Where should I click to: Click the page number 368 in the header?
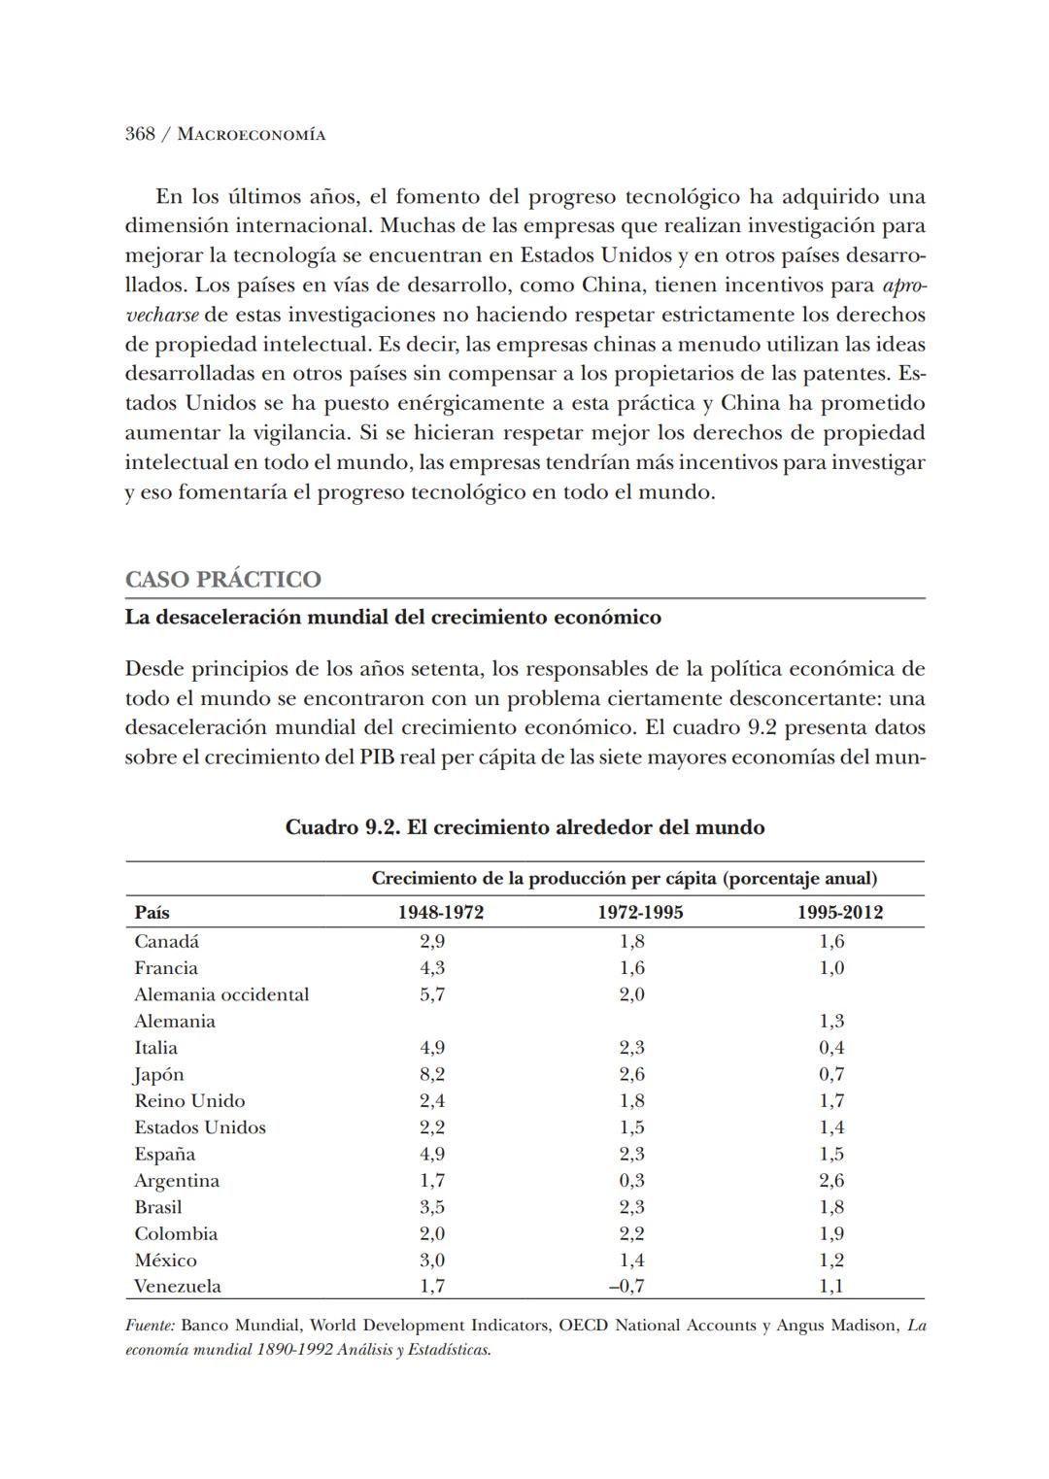point(140,135)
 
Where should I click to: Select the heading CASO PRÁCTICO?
point(222,580)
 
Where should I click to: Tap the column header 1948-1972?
point(440,913)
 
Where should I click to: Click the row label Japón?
point(158,1075)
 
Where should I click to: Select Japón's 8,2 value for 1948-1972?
point(432,1075)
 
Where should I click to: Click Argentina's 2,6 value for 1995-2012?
point(831,1181)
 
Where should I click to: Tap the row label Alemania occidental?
point(221,995)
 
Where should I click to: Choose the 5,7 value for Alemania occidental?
point(432,995)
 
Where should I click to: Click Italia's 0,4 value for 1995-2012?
point(831,1048)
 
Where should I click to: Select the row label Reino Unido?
point(189,1101)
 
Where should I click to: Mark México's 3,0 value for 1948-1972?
point(432,1261)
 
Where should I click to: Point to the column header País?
point(152,913)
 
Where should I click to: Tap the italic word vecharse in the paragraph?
point(161,316)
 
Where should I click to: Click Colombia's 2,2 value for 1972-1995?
point(631,1234)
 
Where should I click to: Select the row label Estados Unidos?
point(200,1127)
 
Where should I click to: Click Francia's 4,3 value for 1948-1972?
point(432,968)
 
